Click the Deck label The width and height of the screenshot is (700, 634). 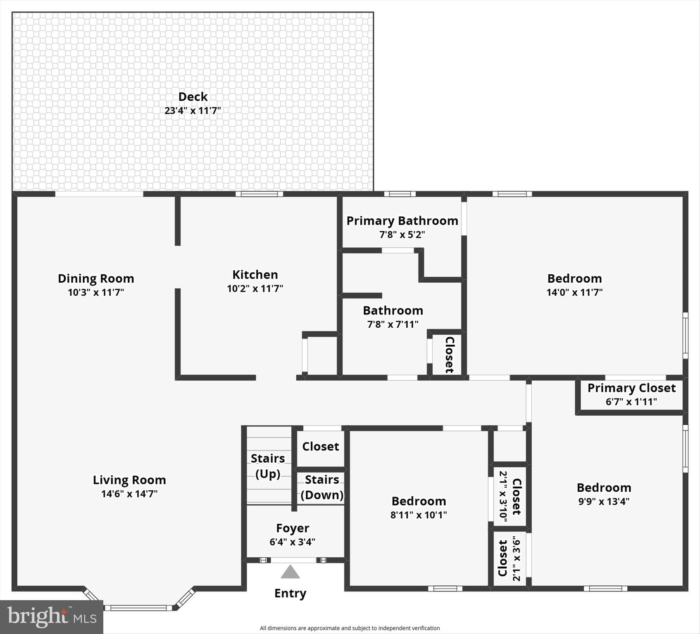pyautogui.click(x=193, y=97)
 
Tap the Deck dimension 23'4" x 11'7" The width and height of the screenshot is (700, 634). pyautogui.click(x=193, y=111)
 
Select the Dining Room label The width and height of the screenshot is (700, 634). pyautogui.click(x=96, y=279)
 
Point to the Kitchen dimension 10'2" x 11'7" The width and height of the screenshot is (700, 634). pyautogui.click(x=255, y=289)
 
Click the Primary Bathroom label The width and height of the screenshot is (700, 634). pyautogui.click(x=402, y=221)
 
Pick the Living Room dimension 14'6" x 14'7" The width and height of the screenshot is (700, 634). pyautogui.click(x=129, y=494)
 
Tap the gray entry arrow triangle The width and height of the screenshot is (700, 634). pyautogui.click(x=290, y=572)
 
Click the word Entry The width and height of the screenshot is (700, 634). pyautogui.click(x=290, y=594)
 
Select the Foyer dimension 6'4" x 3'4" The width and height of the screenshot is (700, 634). pyautogui.click(x=293, y=542)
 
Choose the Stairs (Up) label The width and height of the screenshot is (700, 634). pyautogui.click(x=268, y=466)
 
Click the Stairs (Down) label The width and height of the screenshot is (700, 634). pyautogui.click(x=322, y=487)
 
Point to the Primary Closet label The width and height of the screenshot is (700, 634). pyautogui.click(x=631, y=388)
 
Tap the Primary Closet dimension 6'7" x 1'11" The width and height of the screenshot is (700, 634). pyautogui.click(x=631, y=402)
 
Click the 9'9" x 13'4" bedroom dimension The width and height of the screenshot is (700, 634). pyautogui.click(x=604, y=502)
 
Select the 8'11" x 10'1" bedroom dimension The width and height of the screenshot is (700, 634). pyautogui.click(x=419, y=515)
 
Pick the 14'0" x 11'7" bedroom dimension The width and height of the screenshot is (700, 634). pyautogui.click(x=574, y=292)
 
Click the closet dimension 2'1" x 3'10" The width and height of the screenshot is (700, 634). pyautogui.click(x=503, y=497)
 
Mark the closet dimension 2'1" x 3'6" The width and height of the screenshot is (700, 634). pyautogui.click(x=517, y=558)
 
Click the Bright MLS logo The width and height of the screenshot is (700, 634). pyautogui.click(x=52, y=617)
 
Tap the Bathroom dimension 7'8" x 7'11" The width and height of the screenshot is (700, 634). pyautogui.click(x=393, y=324)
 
